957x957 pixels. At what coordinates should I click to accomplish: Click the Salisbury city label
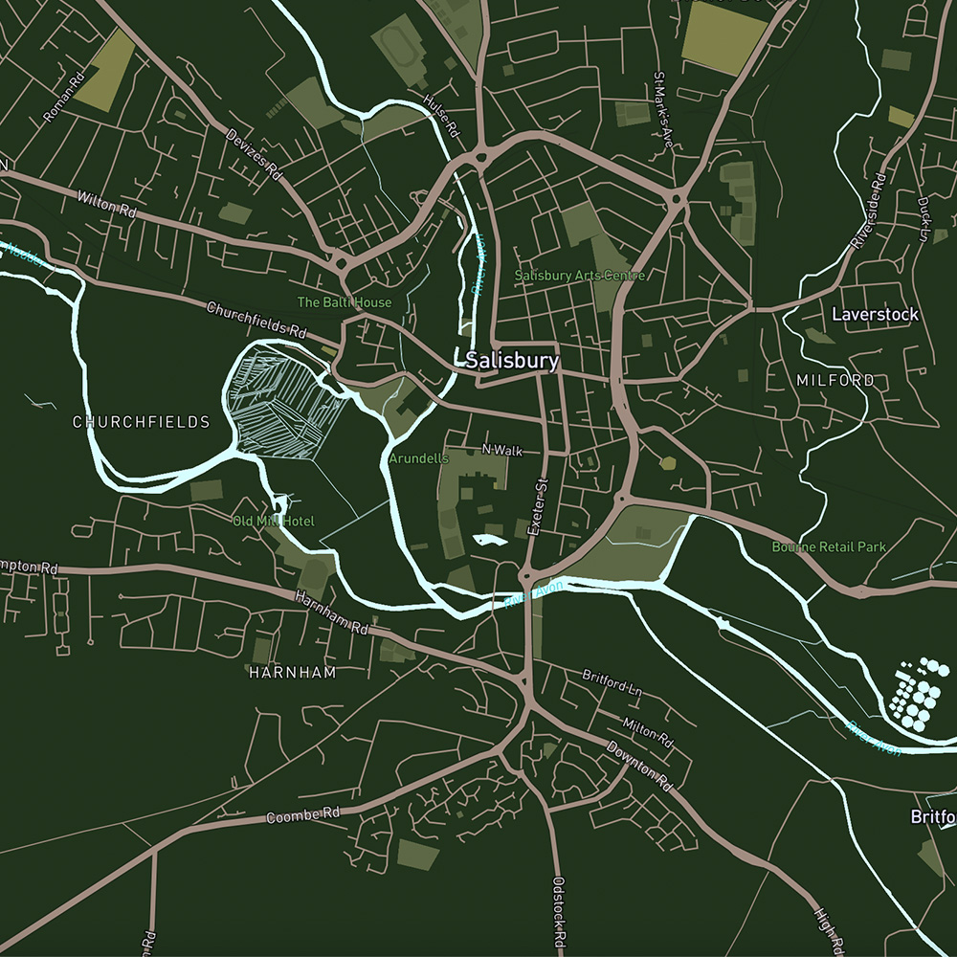[x=512, y=361]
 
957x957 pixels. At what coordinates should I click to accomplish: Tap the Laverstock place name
[x=875, y=314]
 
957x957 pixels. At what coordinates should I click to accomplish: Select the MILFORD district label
[x=835, y=380]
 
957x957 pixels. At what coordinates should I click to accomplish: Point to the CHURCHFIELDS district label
[x=141, y=422]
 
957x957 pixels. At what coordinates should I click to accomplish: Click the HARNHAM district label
[x=293, y=673]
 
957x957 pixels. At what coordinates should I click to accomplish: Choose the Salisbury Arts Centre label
[x=580, y=276]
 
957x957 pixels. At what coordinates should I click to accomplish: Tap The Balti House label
[x=344, y=302]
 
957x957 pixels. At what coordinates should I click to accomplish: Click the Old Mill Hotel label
[x=273, y=522]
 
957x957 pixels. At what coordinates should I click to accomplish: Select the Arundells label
[x=418, y=459]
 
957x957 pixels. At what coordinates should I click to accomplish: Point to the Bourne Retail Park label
[x=829, y=547]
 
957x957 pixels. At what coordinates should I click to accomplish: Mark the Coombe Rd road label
[x=303, y=816]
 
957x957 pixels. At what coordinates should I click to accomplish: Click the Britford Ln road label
[x=612, y=681]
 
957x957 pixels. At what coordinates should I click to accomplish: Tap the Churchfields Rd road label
[x=256, y=321]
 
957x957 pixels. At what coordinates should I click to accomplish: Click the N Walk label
[x=502, y=450]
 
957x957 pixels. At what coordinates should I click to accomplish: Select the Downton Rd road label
[x=640, y=766]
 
